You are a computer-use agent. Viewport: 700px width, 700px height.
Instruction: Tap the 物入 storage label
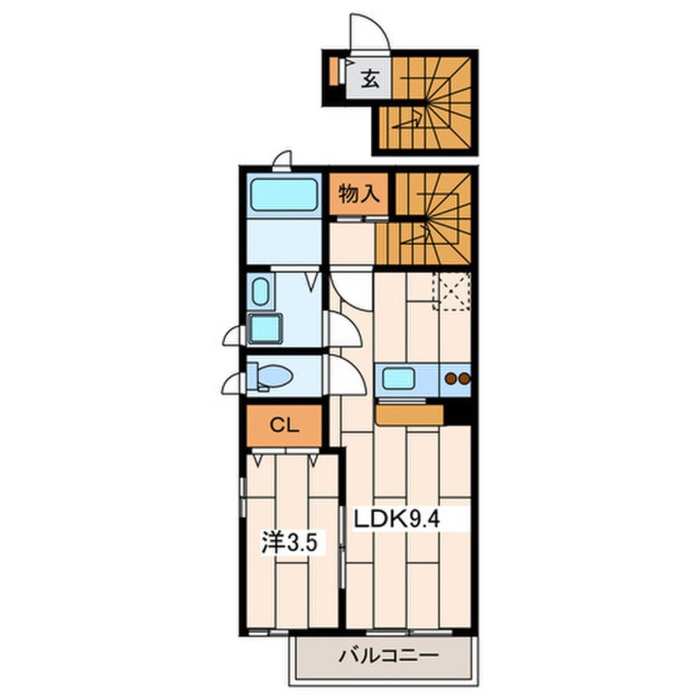pos(359,194)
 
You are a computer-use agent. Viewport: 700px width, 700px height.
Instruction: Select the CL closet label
pos(285,425)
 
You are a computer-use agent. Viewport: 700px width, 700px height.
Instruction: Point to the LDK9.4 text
pos(397,520)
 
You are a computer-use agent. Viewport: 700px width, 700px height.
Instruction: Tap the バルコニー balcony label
pos(389,655)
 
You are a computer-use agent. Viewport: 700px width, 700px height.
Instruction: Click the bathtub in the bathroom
pos(284,195)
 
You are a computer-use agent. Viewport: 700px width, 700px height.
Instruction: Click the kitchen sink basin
pos(398,379)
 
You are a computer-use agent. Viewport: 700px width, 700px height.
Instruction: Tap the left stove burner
pos(451,379)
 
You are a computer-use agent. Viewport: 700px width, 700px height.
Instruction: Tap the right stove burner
pos(464,379)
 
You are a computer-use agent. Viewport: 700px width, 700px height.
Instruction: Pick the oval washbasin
pos(261,291)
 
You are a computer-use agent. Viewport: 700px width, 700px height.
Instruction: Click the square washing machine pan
pos(265,328)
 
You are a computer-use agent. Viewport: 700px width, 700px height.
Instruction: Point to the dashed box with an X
pos(451,291)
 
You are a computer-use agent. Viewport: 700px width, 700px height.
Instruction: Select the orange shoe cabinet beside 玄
pos(334,71)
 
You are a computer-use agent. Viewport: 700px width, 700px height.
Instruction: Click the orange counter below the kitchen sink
pos(410,415)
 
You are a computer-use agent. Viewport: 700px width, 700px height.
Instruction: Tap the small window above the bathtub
pos(282,162)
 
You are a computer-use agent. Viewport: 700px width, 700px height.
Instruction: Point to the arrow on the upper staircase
pos(406,121)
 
